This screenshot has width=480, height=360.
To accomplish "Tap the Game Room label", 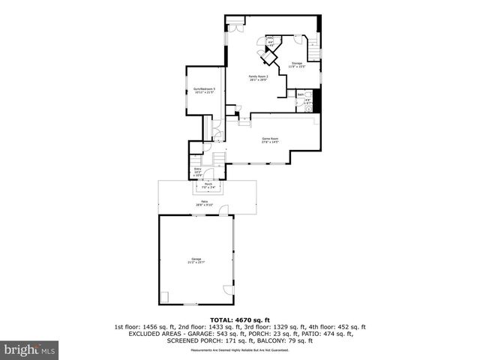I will [270, 140].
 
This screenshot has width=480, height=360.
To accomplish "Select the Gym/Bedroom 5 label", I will [204, 91].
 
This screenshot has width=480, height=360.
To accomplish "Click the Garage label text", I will [196, 260].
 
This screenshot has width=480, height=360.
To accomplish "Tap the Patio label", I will [205, 202].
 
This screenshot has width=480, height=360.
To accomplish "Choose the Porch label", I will [209, 185].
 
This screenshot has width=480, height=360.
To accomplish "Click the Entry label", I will [198, 171].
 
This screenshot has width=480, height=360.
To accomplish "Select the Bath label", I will [299, 94].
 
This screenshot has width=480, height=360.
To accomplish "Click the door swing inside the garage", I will [228, 289].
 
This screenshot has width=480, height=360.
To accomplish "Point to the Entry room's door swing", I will [209, 173].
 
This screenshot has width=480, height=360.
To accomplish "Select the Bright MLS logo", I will [30, 349].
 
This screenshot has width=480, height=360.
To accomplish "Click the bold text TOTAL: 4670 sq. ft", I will [240, 319].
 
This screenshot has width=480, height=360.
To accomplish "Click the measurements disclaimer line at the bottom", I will [240, 350].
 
